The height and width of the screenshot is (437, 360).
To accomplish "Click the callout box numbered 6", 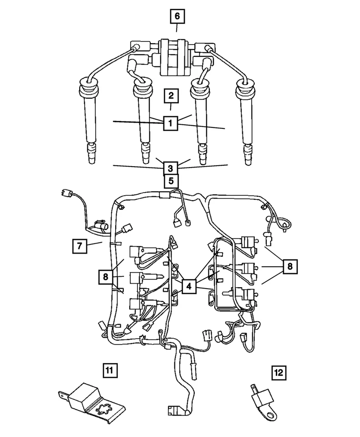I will click(x=177, y=17).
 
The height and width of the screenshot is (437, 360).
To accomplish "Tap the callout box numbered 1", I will click(x=170, y=123).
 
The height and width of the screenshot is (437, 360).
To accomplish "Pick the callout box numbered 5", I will click(x=171, y=181).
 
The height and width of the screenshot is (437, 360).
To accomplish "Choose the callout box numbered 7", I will click(x=79, y=246).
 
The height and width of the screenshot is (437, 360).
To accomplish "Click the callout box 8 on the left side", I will click(x=106, y=276).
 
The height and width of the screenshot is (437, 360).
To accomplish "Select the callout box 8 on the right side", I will click(x=289, y=266).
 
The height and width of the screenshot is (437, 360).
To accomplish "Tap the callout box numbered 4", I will click(x=188, y=286).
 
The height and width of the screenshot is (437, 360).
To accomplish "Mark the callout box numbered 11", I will click(x=110, y=370).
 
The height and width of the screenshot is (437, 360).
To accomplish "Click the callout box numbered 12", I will click(x=279, y=373).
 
